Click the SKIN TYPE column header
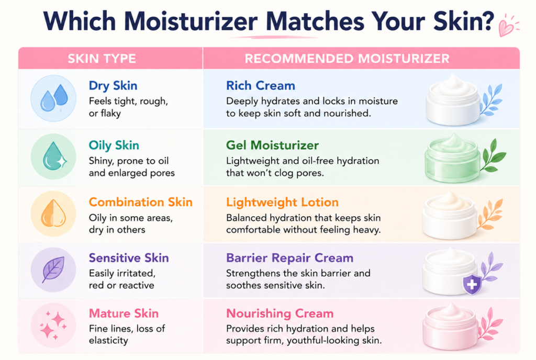click(102, 59)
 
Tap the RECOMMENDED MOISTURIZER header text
click(347, 59)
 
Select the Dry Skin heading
click(113, 85)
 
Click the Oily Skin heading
click(114, 145)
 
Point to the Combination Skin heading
click(140, 202)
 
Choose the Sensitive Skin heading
click(129, 257)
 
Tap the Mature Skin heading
click(124, 313)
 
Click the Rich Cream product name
click(261, 85)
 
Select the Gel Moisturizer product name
click(272, 145)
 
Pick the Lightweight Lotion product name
click(282, 202)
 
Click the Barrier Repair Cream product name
click(289, 257)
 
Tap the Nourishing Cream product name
click(280, 313)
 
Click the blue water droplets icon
click(54, 98)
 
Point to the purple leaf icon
click(53, 269)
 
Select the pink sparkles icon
click(53, 325)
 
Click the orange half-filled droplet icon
click(53, 213)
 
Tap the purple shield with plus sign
click(472, 284)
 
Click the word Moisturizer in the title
click(191, 21)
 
